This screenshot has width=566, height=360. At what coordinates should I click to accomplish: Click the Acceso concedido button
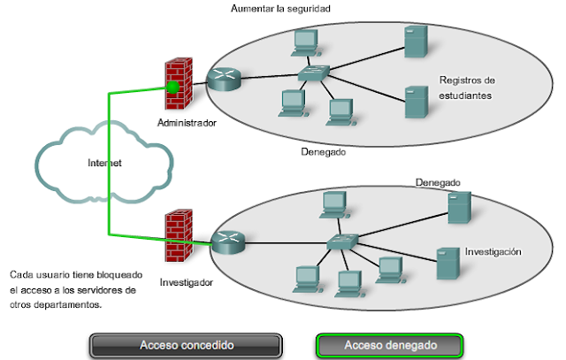coord(186,345)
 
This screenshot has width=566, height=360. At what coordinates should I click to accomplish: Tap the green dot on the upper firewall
coord(173,87)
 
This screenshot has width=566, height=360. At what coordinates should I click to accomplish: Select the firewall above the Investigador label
coord(179,235)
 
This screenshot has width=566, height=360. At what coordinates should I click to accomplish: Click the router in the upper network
coord(224,80)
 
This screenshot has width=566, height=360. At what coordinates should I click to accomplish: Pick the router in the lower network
coord(228,242)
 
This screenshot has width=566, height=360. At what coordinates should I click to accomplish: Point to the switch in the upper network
coord(314,73)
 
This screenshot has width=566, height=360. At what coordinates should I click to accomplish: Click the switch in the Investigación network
coord(342,241)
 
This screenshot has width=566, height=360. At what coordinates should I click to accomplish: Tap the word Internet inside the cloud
coord(104,163)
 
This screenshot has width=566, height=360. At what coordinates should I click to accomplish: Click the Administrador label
coord(187,123)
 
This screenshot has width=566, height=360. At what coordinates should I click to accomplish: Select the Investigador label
coord(187,282)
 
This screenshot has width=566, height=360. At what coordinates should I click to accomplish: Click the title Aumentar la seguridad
coord(280,8)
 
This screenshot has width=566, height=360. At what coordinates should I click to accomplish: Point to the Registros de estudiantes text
coord(467,88)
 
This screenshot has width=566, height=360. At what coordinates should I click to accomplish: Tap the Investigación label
coord(493,252)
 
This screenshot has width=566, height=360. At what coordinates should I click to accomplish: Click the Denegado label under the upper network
coord(323,151)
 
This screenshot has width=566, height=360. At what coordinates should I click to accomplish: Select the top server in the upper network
coord(417,42)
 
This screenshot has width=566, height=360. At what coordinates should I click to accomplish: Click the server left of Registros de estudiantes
coord(417,103)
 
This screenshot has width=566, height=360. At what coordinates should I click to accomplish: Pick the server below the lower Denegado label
coord(460,208)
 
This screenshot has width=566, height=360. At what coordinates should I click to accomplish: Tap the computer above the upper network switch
coord(306,43)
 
